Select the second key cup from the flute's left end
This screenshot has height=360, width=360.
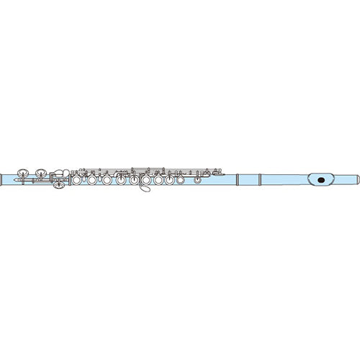(41, 173)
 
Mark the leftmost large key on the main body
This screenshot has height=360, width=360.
(78, 181)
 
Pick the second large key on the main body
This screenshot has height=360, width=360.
(91, 181)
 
